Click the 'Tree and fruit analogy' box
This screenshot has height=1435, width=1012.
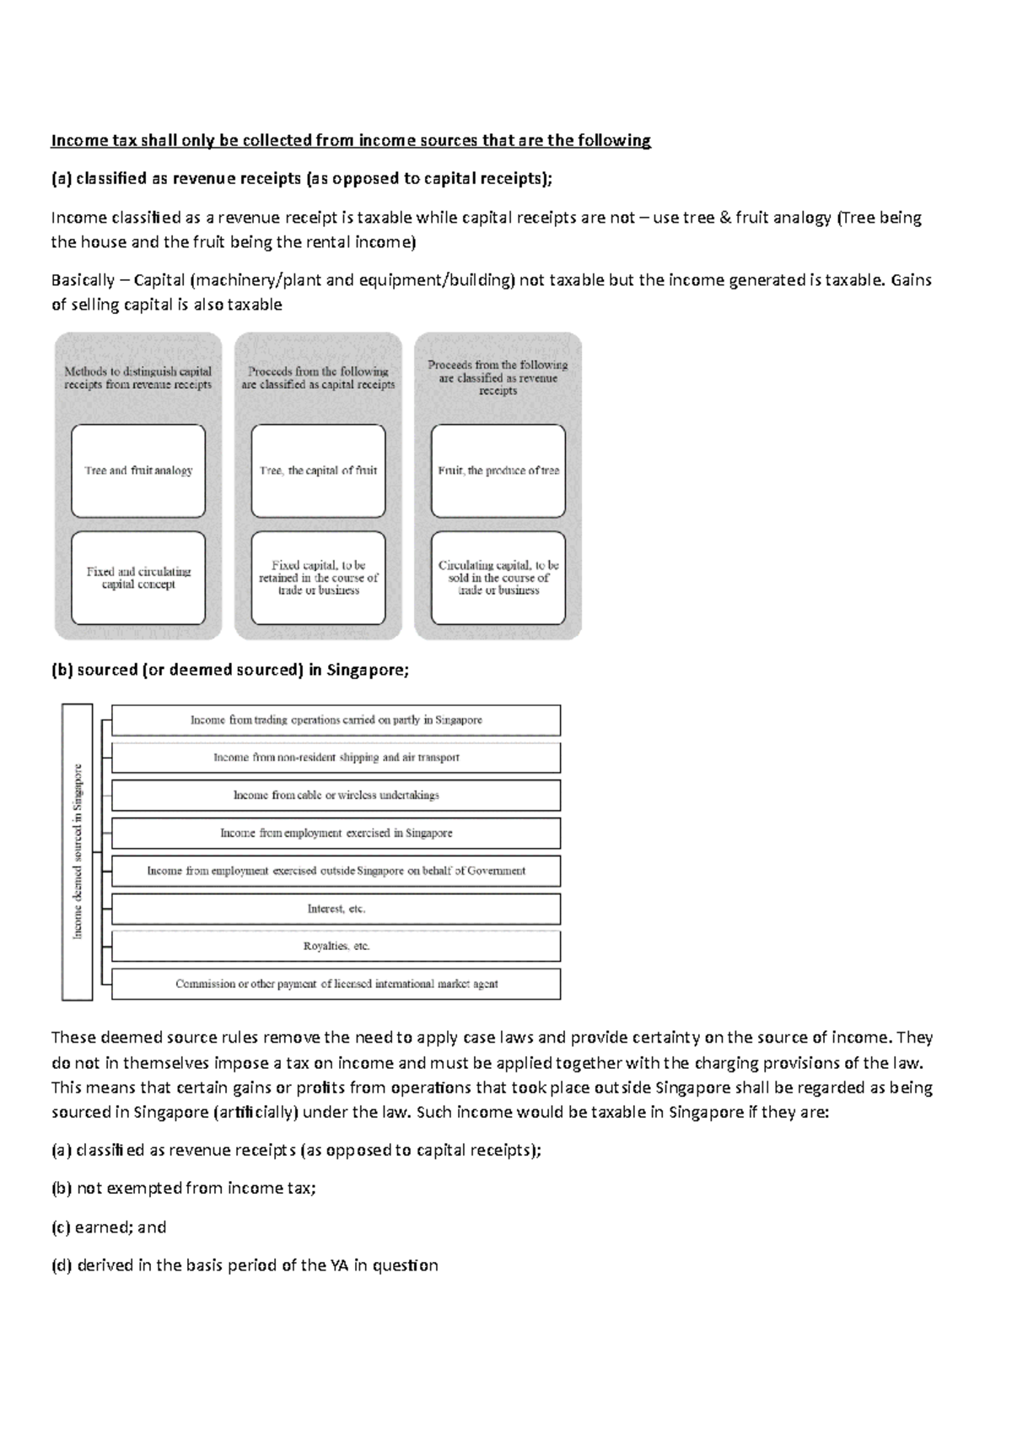(138, 471)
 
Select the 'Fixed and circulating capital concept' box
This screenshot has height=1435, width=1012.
(138, 578)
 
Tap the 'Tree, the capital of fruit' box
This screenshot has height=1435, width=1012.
(318, 471)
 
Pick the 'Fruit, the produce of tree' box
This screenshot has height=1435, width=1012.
(498, 471)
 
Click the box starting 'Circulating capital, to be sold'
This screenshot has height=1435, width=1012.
(498, 578)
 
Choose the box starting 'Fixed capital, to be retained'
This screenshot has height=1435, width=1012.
(318, 578)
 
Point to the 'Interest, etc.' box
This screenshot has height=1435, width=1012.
(336, 909)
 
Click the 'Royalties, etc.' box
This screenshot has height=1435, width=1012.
(336, 946)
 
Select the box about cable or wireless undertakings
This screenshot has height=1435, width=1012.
(336, 795)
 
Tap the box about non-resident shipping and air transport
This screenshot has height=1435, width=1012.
(336, 758)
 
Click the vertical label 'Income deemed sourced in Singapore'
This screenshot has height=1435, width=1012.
(78, 851)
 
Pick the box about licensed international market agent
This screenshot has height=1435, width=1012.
(336, 984)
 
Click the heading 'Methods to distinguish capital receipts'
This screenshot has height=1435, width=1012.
(138, 378)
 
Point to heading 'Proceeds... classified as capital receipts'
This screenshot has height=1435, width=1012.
(318, 378)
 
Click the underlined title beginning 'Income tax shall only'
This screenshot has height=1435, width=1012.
(351, 140)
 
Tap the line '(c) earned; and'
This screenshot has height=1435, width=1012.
(109, 1227)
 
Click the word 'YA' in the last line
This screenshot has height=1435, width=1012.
(334, 1265)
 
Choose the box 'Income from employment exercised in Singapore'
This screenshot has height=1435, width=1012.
(336, 833)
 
